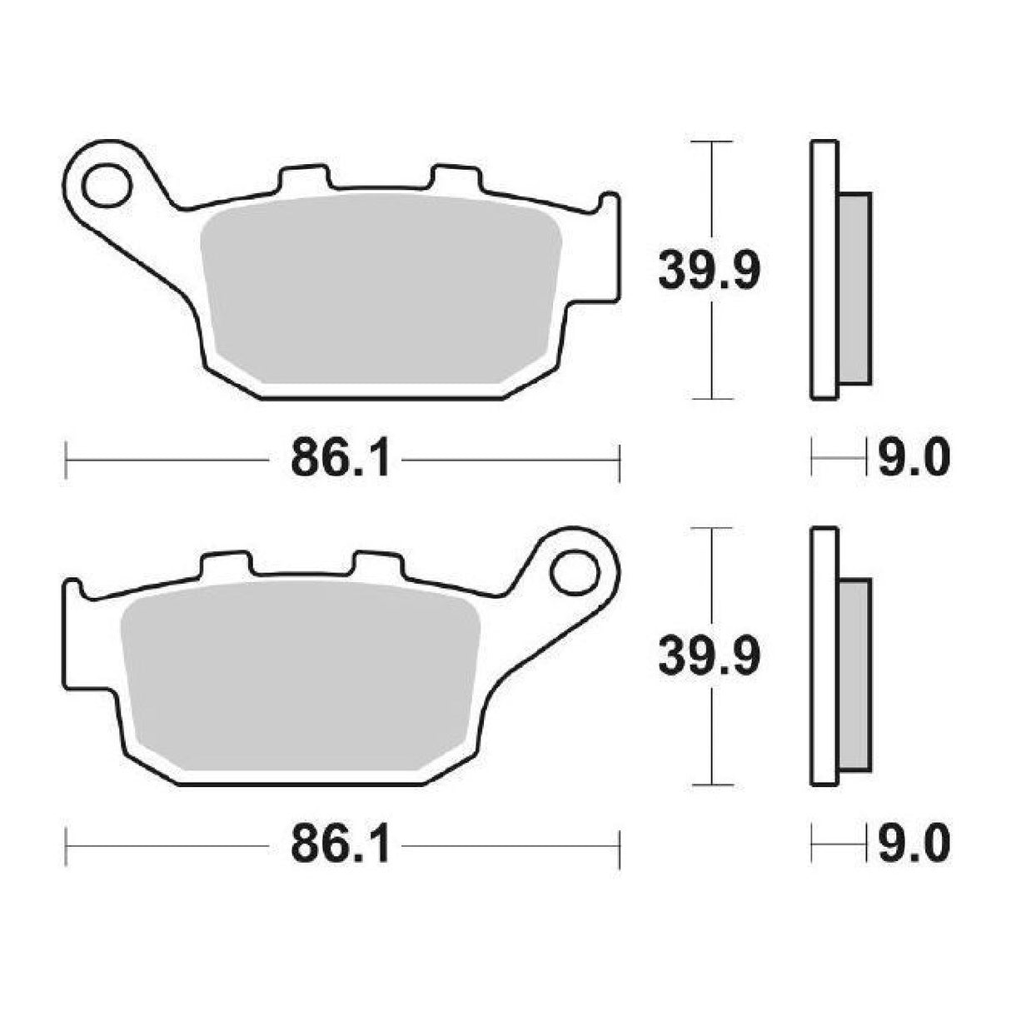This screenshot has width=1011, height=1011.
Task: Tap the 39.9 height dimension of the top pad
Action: point(709,270)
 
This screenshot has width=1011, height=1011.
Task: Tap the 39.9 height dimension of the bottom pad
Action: point(709,655)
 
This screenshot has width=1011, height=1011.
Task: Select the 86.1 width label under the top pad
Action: point(341,458)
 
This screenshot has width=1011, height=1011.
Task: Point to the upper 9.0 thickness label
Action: point(913,458)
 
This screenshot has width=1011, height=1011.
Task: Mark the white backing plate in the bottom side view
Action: point(824,655)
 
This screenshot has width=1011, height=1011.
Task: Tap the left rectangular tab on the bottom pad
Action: point(223,563)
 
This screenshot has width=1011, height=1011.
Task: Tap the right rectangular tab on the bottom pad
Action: point(376,563)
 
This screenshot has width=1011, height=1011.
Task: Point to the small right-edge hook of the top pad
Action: point(610,205)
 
